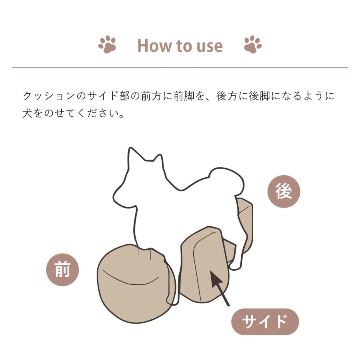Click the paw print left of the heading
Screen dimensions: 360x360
[107, 45]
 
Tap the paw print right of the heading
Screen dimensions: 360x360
[253, 45]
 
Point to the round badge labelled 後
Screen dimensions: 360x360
[284, 192]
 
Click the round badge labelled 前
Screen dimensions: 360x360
[63, 270]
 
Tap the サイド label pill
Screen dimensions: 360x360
[265, 322]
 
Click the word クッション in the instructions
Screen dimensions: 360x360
[48, 96]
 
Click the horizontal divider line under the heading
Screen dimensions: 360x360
[180, 68]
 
